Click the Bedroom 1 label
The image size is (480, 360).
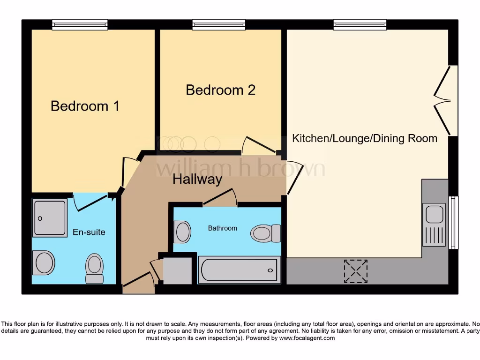(85, 106)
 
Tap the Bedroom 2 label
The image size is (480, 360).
(220, 90)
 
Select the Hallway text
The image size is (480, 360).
(197, 179)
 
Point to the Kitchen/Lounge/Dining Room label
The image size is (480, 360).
(365, 138)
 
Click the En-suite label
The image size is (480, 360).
(89, 232)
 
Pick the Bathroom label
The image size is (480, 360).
(223, 228)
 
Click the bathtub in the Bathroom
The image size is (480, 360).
(240, 270)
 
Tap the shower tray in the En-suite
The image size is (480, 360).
(50, 217)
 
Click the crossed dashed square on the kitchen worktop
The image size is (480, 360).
(356, 271)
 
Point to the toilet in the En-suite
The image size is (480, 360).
(94, 269)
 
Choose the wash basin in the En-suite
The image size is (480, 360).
(44, 262)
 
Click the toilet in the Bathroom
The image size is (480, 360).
(265, 233)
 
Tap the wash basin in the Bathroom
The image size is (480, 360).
(182, 232)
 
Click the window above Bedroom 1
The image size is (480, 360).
(80, 25)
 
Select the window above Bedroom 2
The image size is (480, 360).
(219, 25)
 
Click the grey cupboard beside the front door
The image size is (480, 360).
(177, 270)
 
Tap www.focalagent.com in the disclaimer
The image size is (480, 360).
(307, 338)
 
